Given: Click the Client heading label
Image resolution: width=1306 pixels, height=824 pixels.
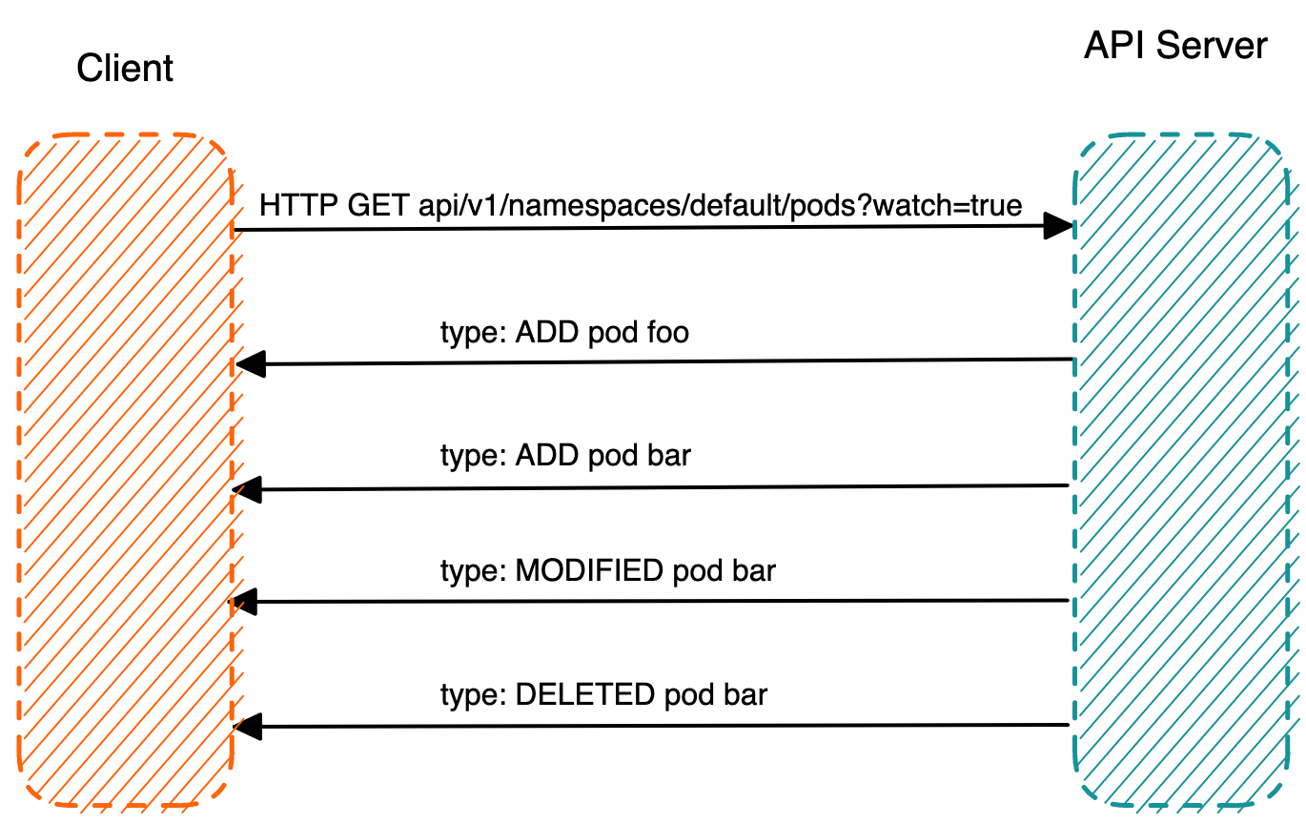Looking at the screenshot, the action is pos(125,68).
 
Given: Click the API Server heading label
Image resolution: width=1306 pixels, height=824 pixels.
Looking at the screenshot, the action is pos(1175,45).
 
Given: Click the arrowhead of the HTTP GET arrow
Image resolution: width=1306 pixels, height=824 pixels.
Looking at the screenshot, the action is pos(1058,226).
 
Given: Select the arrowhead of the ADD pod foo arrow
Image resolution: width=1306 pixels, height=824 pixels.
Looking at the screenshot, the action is pos(251,364).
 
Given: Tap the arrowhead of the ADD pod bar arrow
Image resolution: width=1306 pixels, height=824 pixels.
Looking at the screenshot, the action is pos(247,489).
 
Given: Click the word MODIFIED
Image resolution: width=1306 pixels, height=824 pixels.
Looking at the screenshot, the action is pos(589,570).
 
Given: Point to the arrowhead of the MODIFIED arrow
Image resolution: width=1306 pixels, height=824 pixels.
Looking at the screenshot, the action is pos(244,601).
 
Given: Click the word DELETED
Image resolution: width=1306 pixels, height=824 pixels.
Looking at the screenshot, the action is pos(584,694).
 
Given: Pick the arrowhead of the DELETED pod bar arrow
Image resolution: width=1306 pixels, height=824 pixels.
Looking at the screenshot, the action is pos(248,727).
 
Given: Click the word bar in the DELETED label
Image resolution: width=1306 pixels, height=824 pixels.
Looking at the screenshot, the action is pos(745,694).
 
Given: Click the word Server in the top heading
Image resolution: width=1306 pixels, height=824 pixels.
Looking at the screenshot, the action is pos(1212,45).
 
